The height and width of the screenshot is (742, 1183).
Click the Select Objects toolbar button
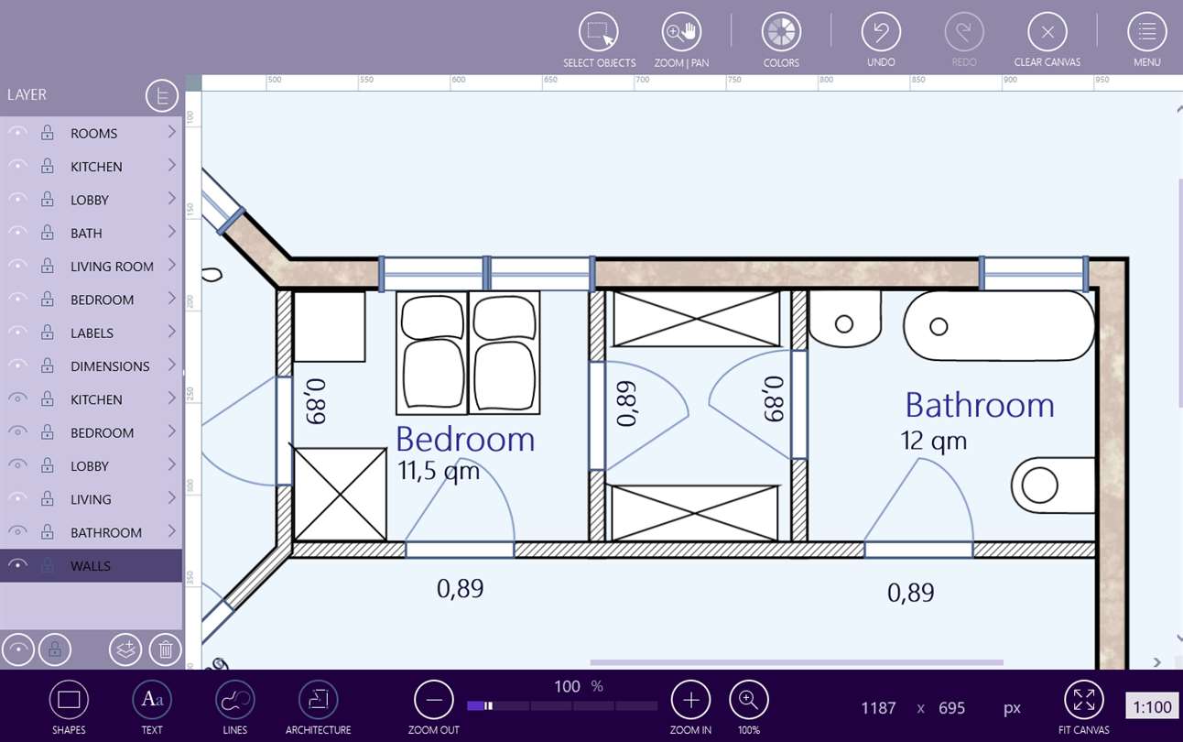coord(598,32)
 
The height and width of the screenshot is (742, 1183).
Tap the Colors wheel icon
coord(781,32)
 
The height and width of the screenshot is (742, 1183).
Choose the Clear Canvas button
coord(1047,32)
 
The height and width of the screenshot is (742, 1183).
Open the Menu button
coord(1146,32)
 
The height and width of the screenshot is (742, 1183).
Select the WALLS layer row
coord(91,565)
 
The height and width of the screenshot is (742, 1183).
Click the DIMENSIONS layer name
coord(110,366)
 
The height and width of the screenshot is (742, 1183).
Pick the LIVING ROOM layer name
coord(112,267)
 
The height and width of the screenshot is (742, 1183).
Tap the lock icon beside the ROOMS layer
coord(48,133)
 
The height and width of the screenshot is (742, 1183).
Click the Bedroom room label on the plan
coord(465,439)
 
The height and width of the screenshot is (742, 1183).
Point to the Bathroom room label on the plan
coord(980,405)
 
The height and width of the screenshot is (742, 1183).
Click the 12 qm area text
coord(933,442)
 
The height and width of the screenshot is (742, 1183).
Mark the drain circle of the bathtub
coord(939,327)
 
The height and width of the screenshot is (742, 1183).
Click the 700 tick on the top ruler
coord(642,80)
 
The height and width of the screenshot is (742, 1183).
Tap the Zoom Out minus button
coord(434,700)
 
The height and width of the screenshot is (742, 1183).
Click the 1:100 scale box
coord(1152,706)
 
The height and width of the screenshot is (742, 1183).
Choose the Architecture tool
coord(318,700)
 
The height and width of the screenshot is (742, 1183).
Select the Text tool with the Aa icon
coord(152,700)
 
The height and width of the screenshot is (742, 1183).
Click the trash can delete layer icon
coord(166,649)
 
